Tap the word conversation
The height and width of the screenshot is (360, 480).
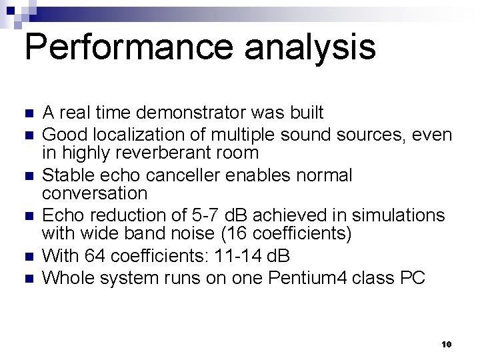(95, 193)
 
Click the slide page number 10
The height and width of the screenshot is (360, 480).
(447, 344)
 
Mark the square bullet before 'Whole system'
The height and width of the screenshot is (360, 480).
(27, 278)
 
